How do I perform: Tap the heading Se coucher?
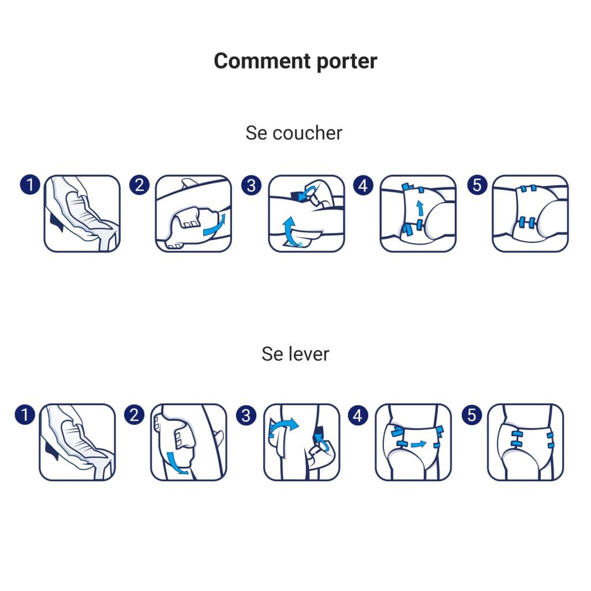pyautogui.click(x=294, y=133)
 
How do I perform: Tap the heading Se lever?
pyautogui.click(x=295, y=354)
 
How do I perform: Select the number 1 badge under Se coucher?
pyautogui.click(x=29, y=185)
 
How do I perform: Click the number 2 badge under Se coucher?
pyautogui.click(x=140, y=185)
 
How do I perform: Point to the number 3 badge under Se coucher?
pyautogui.click(x=251, y=185)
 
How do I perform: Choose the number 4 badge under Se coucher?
pyautogui.click(x=362, y=185)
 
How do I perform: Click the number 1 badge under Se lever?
pyautogui.click(x=25, y=414)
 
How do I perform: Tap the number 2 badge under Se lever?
pyautogui.click(x=134, y=414)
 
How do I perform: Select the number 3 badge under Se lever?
pyautogui.click(x=246, y=414)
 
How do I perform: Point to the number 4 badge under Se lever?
pyautogui.click(x=358, y=414)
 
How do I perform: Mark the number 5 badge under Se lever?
pyautogui.click(x=472, y=414)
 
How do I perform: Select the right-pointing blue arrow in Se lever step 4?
pyautogui.click(x=416, y=444)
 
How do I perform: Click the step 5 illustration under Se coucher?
pyautogui.click(x=530, y=214)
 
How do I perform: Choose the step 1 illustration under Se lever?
pyautogui.click(x=77, y=442)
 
